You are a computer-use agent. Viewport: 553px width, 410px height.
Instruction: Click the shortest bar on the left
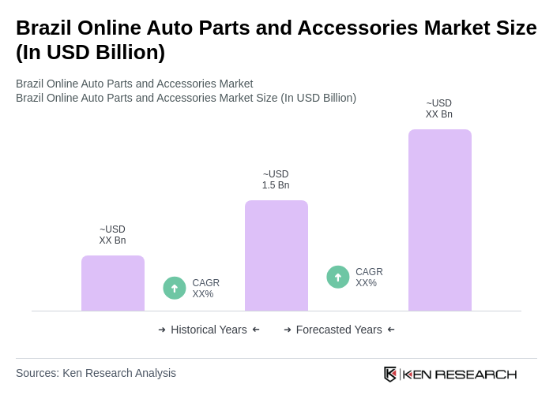click(113, 283)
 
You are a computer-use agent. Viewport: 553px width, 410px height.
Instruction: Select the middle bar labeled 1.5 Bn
click(276, 255)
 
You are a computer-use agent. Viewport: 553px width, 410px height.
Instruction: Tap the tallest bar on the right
click(440, 220)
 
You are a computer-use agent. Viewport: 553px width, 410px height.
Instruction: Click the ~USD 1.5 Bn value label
click(276, 180)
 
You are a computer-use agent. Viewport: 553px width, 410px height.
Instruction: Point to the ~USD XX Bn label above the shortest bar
click(112, 235)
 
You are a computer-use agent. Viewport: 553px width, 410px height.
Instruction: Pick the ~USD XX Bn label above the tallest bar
click(439, 109)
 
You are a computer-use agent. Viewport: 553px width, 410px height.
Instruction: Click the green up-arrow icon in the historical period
click(175, 288)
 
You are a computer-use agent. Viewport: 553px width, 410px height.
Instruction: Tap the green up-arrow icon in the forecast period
click(338, 277)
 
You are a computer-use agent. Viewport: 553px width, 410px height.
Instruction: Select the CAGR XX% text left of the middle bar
click(206, 289)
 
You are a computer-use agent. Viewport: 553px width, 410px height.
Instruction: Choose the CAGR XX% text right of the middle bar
click(369, 278)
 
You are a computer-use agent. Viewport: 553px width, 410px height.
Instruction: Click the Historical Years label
click(209, 330)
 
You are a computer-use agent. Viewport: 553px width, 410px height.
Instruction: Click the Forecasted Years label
click(339, 330)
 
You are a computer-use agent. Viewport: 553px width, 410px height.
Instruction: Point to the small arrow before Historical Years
click(162, 330)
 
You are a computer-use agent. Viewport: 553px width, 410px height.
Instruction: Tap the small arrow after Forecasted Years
click(391, 330)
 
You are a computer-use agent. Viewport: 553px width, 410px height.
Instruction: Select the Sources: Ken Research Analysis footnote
click(96, 373)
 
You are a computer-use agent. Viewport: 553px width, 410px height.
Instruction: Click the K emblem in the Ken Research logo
click(390, 374)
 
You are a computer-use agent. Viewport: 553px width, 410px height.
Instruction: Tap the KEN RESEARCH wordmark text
click(460, 374)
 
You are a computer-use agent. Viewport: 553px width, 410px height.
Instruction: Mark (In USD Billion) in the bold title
click(90, 52)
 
